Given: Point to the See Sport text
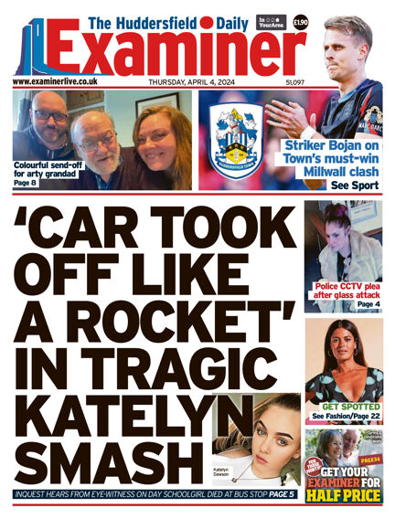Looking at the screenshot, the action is tap(354, 184).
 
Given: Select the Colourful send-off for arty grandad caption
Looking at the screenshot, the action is tap(44, 170).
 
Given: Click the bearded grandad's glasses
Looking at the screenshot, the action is tap(95, 139).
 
